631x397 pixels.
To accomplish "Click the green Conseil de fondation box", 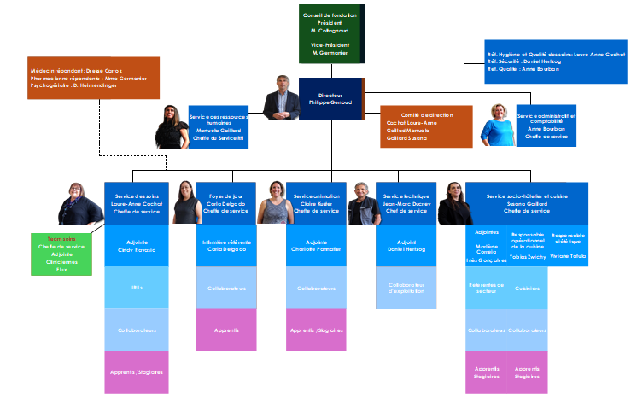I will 330,34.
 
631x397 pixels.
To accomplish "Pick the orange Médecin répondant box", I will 94,78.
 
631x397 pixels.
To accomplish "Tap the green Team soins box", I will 61,254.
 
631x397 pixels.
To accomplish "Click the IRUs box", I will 137,288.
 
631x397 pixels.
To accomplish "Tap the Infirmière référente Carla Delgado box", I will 226,247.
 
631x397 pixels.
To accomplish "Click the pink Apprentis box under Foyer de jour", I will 226,330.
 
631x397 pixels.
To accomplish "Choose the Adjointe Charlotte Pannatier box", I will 316,247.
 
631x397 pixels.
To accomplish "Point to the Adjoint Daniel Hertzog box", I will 406,247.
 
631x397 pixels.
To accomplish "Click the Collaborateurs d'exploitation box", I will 406,288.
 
